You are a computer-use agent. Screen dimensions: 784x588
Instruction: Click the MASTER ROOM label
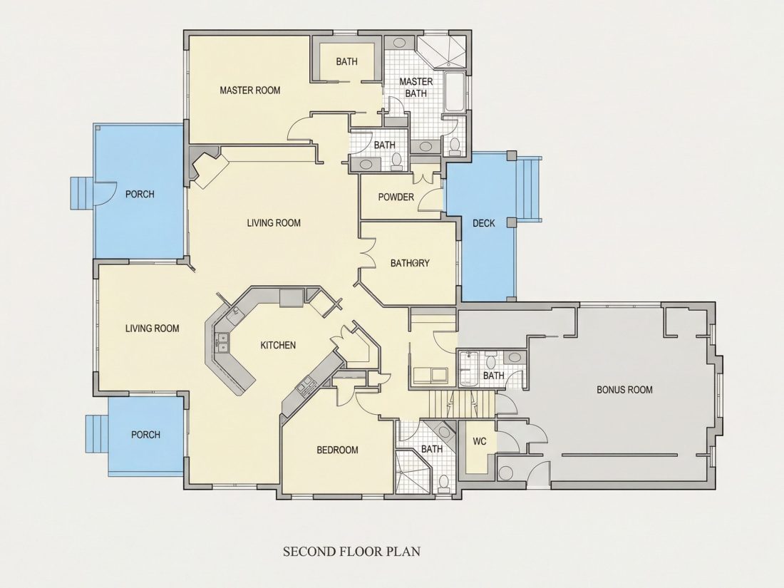pyautogui.click(x=250, y=91)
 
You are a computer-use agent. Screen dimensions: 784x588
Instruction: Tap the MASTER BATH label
pyautogui.click(x=416, y=88)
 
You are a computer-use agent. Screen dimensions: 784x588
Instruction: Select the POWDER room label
pyautogui.click(x=396, y=197)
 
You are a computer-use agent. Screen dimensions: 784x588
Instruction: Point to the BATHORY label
pyautogui.click(x=410, y=263)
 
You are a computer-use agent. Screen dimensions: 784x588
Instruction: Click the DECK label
pyautogui.click(x=483, y=224)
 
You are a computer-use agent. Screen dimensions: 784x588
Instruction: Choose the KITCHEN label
pyautogui.click(x=278, y=345)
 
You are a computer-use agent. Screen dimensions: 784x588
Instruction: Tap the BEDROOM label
pyautogui.click(x=338, y=450)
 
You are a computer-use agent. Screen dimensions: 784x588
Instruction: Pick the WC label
pyautogui.click(x=480, y=441)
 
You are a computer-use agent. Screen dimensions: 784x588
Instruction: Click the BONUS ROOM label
pyautogui.click(x=624, y=389)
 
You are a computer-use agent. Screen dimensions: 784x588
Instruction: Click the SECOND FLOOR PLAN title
pyautogui.click(x=352, y=552)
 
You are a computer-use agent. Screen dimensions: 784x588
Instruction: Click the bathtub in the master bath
pyautogui.click(x=455, y=93)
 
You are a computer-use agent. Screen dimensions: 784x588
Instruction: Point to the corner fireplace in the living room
pyautogui.click(x=207, y=167)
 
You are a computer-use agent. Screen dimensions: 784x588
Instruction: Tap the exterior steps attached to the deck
pyautogui.click(x=530, y=190)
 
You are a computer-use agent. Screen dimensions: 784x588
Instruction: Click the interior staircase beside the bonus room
pyautogui.click(x=462, y=404)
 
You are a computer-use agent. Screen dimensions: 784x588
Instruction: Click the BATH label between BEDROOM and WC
pyautogui.click(x=431, y=449)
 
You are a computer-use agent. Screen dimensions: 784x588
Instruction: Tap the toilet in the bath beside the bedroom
pyautogui.click(x=443, y=483)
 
